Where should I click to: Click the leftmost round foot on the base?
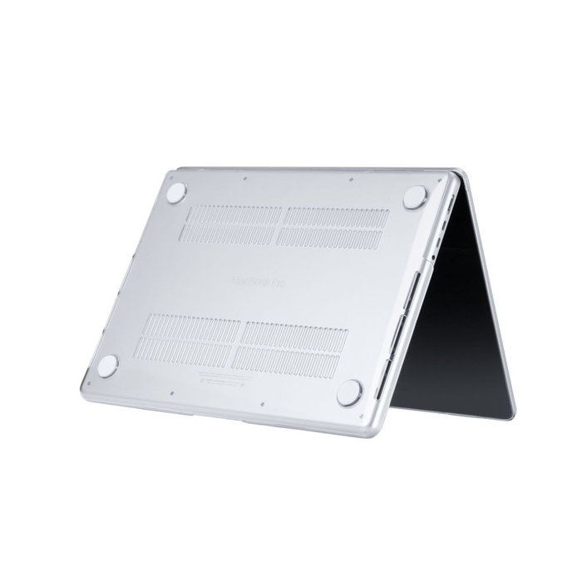click(108, 365)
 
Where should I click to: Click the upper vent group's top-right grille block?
click(336, 218)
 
